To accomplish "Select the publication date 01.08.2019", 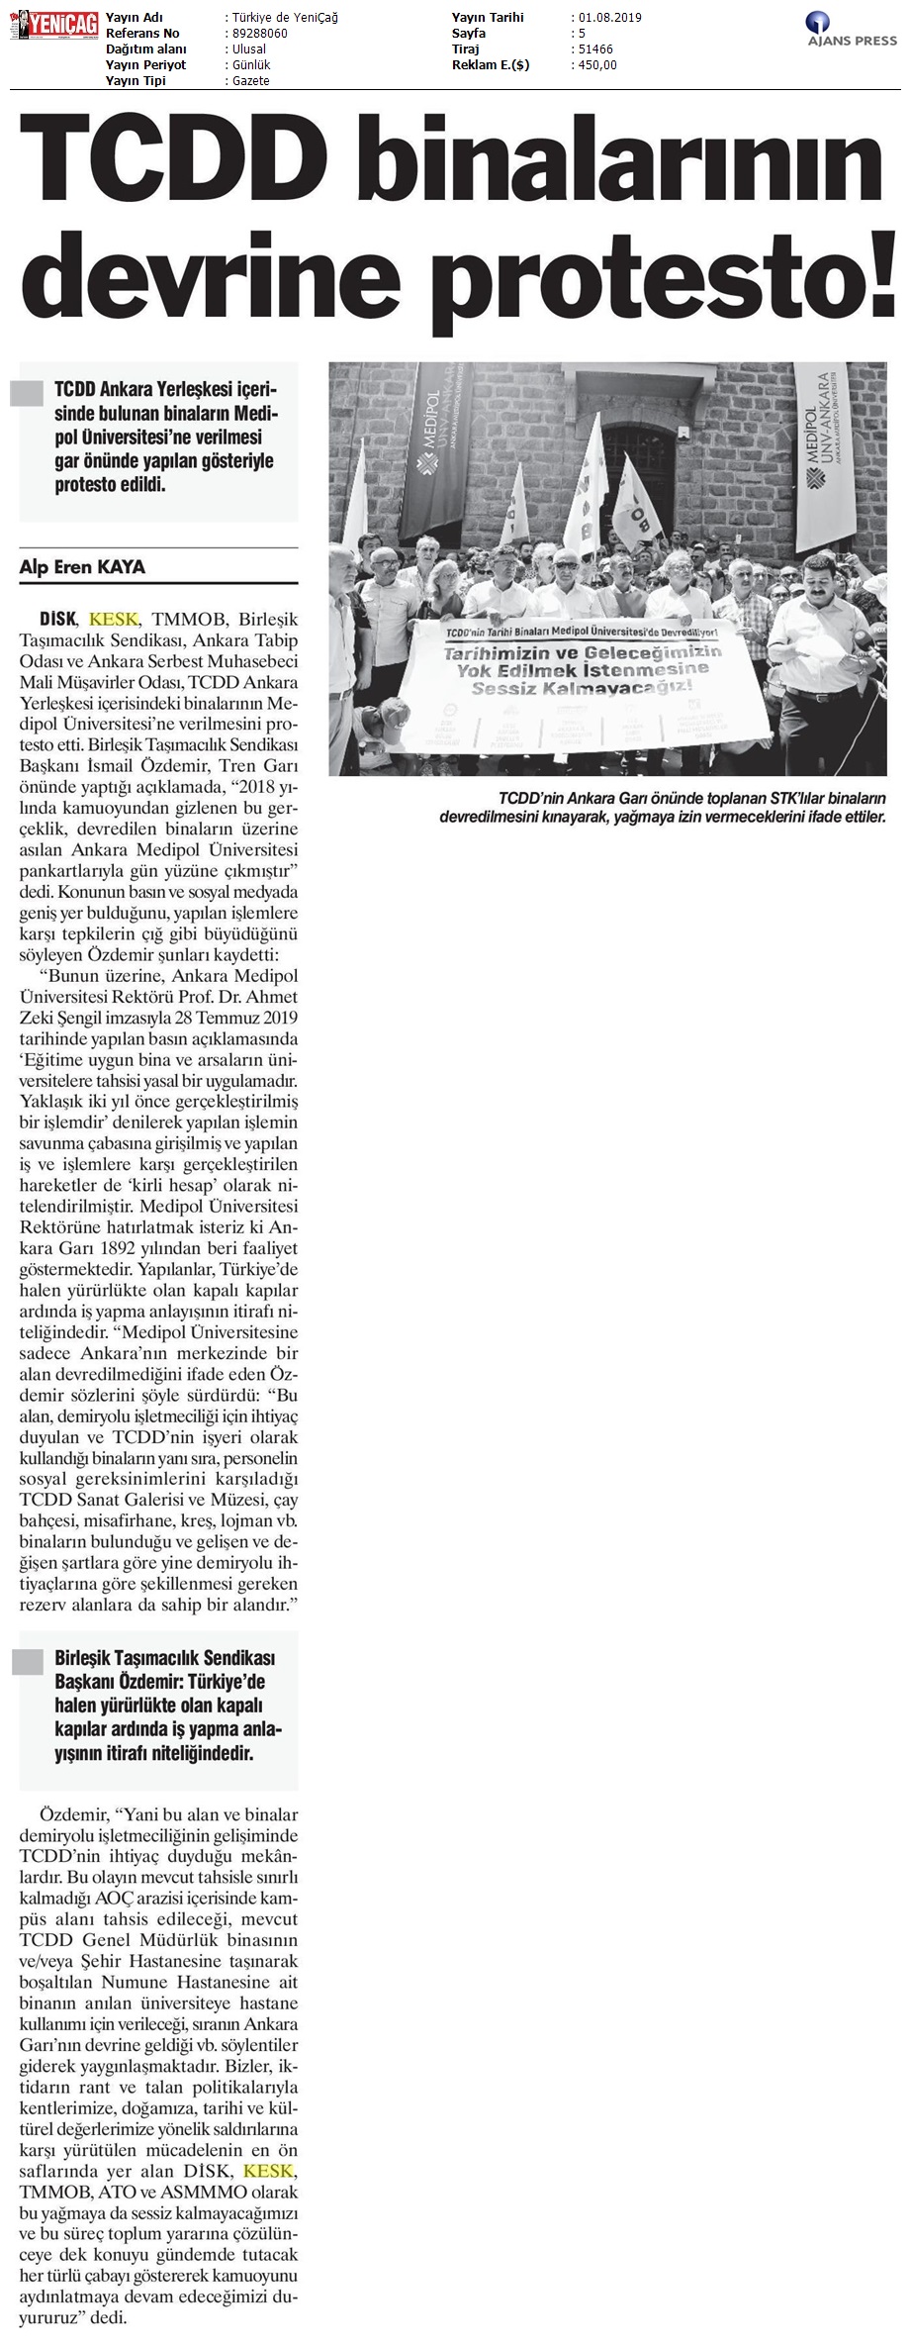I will [x=607, y=18].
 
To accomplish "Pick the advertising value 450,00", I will [x=597, y=65].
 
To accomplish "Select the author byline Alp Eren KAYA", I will [x=82, y=567].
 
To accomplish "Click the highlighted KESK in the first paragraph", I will [x=114, y=619].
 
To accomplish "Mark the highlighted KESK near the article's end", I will [x=268, y=2170].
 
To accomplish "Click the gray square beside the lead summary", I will [x=27, y=393].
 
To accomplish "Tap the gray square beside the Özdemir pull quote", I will [x=27, y=1662].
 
